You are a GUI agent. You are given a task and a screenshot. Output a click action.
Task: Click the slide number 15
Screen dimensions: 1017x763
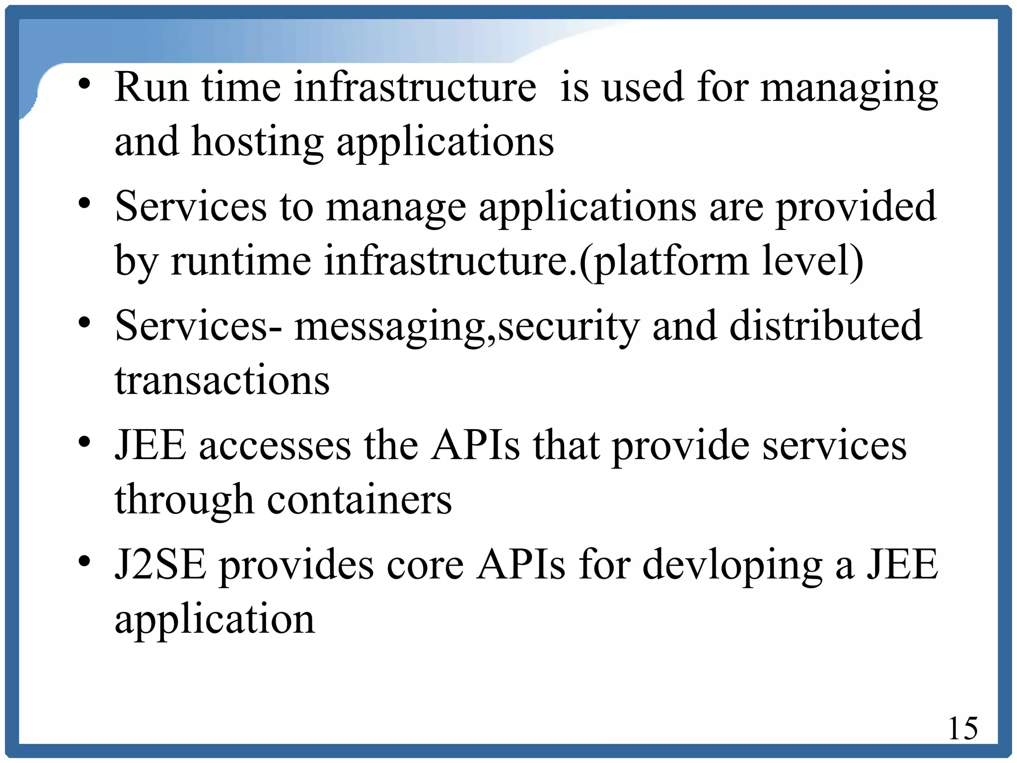(963, 729)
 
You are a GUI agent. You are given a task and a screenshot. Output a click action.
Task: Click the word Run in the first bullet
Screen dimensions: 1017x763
(151, 87)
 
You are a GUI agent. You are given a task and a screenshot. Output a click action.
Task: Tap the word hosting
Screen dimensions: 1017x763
(258, 142)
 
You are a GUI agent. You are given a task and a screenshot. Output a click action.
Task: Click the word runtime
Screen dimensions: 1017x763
(241, 261)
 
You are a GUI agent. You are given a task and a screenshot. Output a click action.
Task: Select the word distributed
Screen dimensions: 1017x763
(825, 326)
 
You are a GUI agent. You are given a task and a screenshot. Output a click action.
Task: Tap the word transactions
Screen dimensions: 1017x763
(222, 381)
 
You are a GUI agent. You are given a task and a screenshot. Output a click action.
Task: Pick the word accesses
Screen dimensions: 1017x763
(275, 446)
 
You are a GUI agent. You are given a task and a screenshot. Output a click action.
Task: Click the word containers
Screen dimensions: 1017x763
(360, 500)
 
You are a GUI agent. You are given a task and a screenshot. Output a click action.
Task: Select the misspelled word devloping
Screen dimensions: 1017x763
(732, 565)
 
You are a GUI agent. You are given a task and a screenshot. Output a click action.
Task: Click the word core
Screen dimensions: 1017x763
(425, 565)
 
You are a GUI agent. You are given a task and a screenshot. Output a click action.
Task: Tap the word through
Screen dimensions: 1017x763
(184, 500)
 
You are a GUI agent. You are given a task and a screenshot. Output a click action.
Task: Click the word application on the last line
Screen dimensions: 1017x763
(215, 620)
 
